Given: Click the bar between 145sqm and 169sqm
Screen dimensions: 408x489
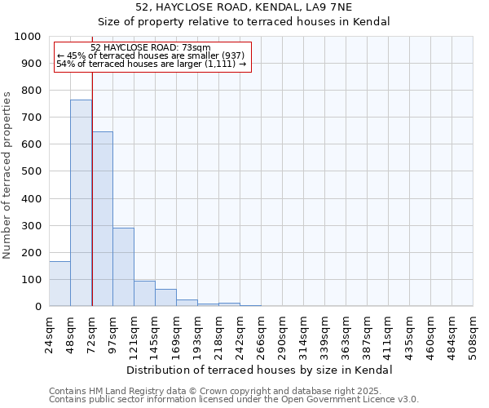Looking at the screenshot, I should (x=165, y=298).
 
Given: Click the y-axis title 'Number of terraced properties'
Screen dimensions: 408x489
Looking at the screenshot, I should (x=7, y=175).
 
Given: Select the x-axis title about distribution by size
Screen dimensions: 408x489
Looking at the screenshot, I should (x=260, y=370).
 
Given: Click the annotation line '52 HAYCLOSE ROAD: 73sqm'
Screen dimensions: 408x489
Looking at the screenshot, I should (x=151, y=47).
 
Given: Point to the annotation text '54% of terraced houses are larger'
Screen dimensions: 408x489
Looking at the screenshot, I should (x=151, y=64).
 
